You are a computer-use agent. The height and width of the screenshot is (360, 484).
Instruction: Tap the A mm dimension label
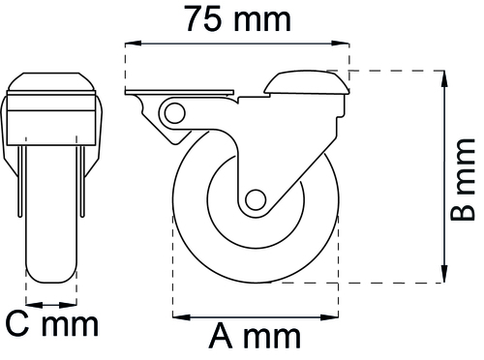pyautogui.click(x=255, y=336)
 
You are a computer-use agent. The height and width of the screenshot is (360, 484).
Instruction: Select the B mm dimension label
pyautogui.click(x=463, y=180)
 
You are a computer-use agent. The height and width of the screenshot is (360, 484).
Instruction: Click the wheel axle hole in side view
pyautogui.click(x=256, y=199)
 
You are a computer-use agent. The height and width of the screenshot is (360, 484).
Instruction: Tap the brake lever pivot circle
pyautogui.click(x=174, y=113)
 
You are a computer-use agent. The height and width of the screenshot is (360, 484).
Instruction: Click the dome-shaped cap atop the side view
pyautogui.click(x=307, y=82)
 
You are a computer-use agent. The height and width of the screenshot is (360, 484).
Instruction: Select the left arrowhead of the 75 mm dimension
pyautogui.click(x=134, y=44)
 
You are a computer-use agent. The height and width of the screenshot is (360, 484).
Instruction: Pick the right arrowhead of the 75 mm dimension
pyautogui.click(x=341, y=44)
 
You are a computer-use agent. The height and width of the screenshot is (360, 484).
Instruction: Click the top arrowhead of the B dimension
pyautogui.click(x=444, y=79)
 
